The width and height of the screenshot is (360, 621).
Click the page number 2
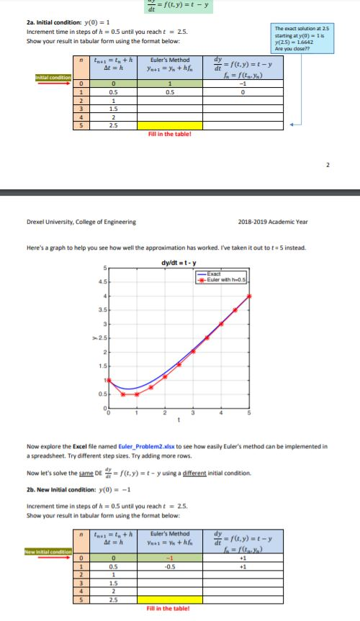click(x=328, y=164)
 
